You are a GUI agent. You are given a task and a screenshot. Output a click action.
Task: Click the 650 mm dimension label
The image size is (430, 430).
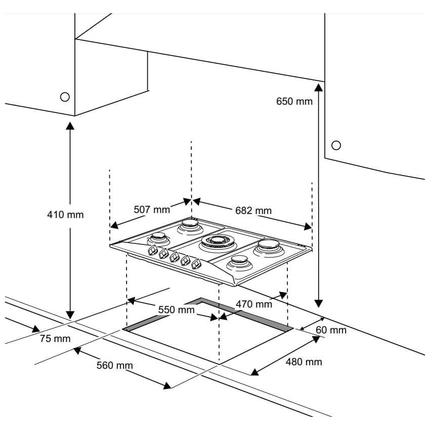tap(294, 101)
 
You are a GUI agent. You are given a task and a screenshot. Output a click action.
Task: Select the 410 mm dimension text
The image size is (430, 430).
tap(65, 214)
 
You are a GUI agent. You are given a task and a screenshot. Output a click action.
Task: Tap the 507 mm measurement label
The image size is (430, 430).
tap(151, 209)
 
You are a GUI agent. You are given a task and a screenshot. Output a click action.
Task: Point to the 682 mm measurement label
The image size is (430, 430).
tap(253, 210)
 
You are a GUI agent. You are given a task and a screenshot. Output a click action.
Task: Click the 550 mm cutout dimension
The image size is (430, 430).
tap(176, 310)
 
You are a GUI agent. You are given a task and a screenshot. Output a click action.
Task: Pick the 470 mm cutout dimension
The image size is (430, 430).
tap(253, 304)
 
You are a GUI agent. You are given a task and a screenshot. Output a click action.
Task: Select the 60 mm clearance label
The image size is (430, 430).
tap(331, 330)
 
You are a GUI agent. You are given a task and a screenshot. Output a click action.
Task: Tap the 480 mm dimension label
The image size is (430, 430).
tap(304, 362)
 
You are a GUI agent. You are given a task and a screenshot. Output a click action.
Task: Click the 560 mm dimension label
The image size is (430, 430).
tap(114, 365)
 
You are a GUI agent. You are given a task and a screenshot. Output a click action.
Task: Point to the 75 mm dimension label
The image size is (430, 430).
tap(55, 338)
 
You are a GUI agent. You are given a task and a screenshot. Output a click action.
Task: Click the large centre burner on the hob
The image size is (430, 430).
tap(218, 243)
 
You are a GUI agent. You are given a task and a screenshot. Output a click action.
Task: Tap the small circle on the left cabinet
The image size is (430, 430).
tap(64, 97)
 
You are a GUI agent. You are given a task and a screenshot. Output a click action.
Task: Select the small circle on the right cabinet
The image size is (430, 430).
tap(335, 145)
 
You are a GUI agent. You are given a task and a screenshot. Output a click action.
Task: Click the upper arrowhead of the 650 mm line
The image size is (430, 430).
tap(319, 88)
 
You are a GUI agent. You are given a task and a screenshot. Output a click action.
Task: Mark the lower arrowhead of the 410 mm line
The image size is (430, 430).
tap(70, 315)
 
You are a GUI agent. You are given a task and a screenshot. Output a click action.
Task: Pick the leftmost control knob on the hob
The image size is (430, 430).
tap(152, 251)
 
